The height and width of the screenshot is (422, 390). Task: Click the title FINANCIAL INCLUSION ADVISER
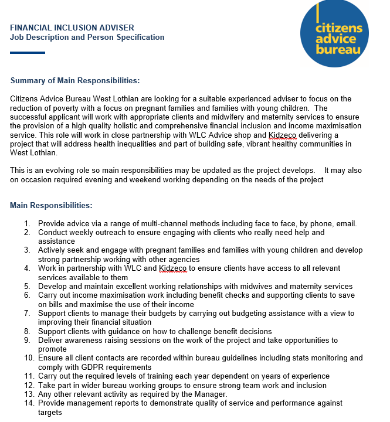pyautogui.click(x=72, y=28)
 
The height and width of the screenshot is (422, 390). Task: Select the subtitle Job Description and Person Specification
pyautogui.click(x=87, y=37)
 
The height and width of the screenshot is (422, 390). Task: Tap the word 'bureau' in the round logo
pyautogui.click(x=338, y=50)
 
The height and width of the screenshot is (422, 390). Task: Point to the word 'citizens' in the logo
pyautogui.click(x=339, y=28)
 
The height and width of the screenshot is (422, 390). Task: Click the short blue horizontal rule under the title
pyautogui.click(x=28, y=53)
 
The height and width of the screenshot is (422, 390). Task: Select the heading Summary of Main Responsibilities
pyautogui.click(x=75, y=80)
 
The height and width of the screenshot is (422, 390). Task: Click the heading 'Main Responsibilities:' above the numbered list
pyautogui.click(x=51, y=206)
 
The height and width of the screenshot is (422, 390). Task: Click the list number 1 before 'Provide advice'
pyautogui.click(x=28, y=223)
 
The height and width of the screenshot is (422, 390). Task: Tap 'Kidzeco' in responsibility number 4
pyautogui.click(x=172, y=268)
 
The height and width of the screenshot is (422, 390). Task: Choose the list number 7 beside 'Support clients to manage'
pyautogui.click(x=28, y=314)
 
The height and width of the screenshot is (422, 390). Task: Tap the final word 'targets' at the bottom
pyautogui.click(x=50, y=413)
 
